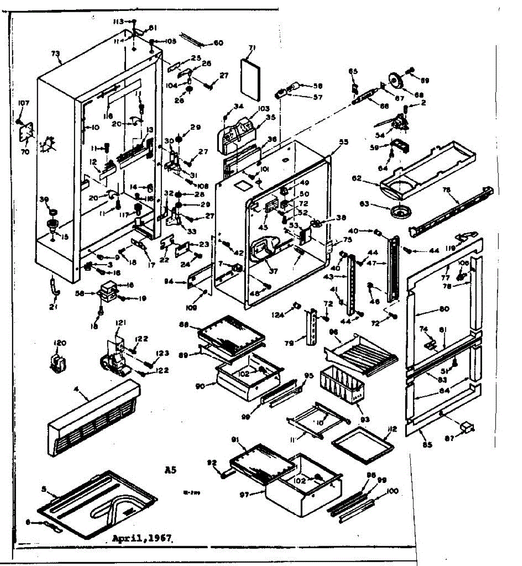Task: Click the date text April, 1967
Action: pyautogui.click(x=142, y=538)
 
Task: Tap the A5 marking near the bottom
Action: pyautogui.click(x=170, y=469)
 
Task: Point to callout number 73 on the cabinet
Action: pyautogui.click(x=56, y=54)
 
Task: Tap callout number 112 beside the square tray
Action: pyautogui.click(x=393, y=429)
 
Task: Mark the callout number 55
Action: pyautogui.click(x=343, y=141)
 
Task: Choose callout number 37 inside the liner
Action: pyautogui.click(x=273, y=271)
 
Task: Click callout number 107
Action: pyautogui.click(x=24, y=103)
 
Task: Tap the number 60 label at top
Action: pyautogui.click(x=218, y=43)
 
